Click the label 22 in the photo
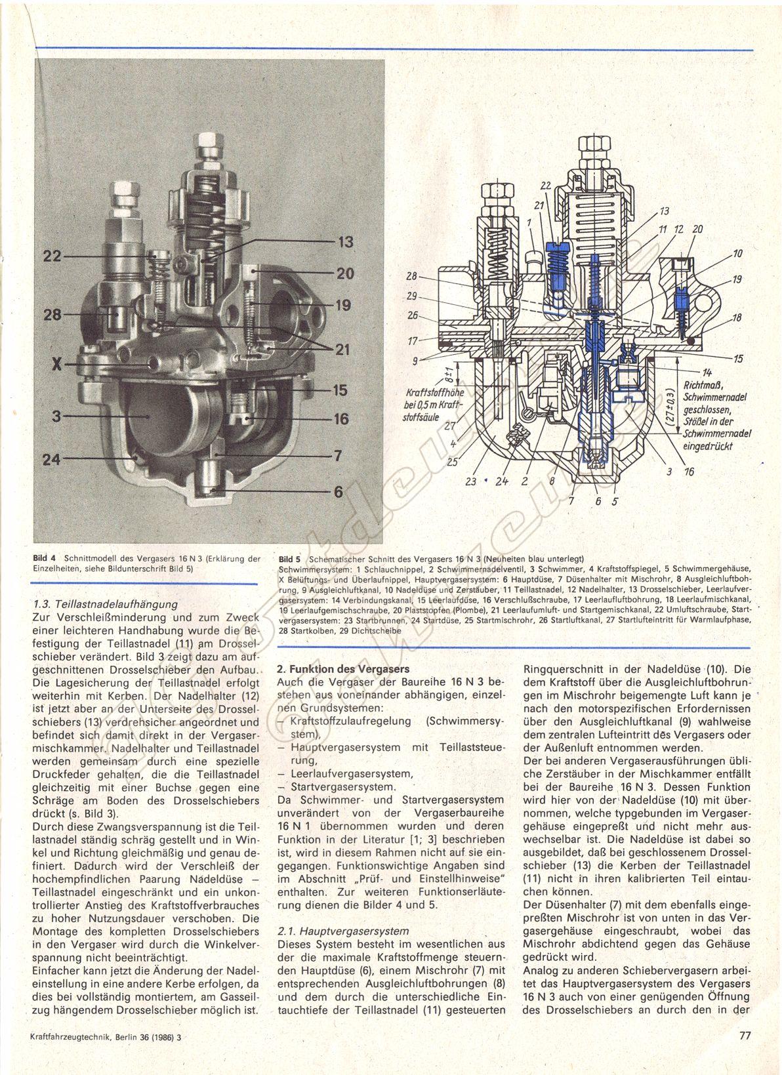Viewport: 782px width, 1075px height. coord(52,256)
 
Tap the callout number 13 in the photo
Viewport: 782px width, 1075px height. coord(346,242)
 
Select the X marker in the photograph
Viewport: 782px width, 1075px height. coord(56,365)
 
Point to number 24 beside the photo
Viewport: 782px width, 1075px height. coord(52,459)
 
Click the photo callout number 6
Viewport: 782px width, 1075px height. coord(339,492)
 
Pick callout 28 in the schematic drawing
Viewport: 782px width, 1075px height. coord(411,276)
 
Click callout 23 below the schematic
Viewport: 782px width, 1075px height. coord(471,481)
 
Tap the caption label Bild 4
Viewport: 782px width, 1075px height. coord(45,558)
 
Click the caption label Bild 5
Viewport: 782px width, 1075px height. coord(289,559)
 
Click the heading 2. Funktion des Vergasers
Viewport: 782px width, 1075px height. coord(343,669)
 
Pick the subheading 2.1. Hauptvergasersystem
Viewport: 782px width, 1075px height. coord(343,931)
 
